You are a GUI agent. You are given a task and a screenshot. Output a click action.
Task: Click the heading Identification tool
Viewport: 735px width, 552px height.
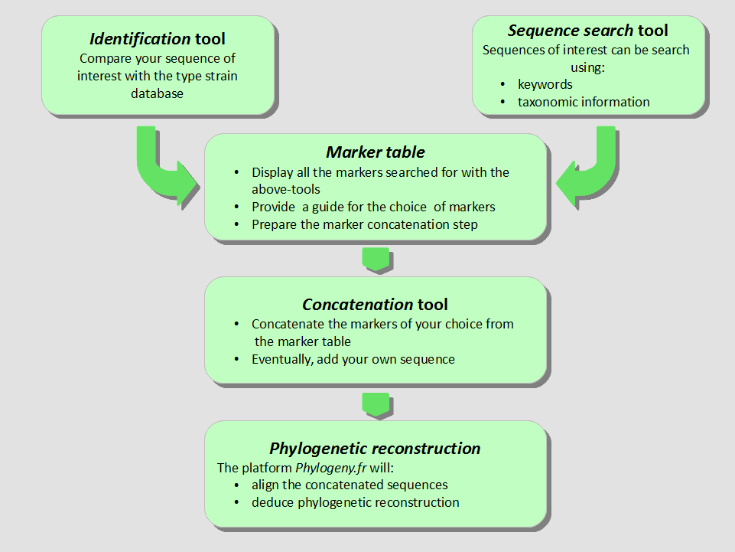[x=158, y=38]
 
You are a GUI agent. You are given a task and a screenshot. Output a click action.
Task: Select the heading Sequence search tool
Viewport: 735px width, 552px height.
[x=587, y=31]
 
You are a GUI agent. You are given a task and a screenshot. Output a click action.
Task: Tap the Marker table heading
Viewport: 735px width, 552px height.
[x=375, y=152]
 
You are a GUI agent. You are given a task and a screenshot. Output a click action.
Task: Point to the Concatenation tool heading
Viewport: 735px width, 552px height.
[x=375, y=305]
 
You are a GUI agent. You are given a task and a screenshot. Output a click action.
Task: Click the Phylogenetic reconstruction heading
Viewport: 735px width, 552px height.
[x=375, y=449]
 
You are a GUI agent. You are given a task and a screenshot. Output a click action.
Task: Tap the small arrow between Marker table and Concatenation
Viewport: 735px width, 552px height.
[x=376, y=259]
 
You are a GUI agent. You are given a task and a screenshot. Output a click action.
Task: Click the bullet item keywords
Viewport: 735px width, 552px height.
[x=545, y=84]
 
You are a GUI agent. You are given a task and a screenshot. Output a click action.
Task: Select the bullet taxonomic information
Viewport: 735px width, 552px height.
[x=583, y=102]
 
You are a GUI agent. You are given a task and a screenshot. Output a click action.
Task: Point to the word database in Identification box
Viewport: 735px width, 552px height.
[x=158, y=93]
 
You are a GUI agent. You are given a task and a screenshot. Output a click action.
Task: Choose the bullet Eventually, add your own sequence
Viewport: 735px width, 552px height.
[x=353, y=359]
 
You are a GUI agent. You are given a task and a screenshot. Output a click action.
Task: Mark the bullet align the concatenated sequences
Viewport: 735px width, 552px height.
[x=350, y=485]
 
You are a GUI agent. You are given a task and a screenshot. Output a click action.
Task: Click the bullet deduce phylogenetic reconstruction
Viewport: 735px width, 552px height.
[x=355, y=502]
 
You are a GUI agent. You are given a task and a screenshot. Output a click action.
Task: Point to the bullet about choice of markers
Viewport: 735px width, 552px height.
[x=373, y=207]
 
